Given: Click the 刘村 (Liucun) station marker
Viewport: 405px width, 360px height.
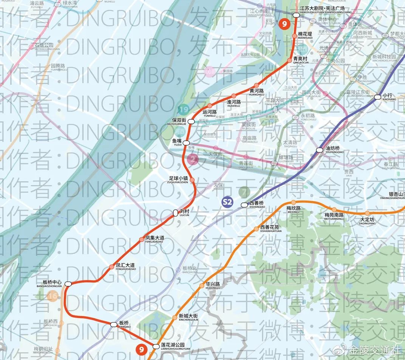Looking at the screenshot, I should click(x=175, y=213).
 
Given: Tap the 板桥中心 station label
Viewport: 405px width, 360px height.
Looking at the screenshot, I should click(x=52, y=283).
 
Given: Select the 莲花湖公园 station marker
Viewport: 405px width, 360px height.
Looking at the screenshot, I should click(x=156, y=346).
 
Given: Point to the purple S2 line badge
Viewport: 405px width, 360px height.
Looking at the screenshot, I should click(x=227, y=202).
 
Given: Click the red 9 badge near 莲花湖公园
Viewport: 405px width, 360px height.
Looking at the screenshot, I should click(x=142, y=350).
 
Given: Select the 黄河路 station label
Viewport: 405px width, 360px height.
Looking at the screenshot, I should click(x=256, y=92).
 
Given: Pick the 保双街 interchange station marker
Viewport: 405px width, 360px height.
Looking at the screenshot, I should click(x=192, y=121).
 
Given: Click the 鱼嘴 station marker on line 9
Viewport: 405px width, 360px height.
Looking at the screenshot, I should click(x=186, y=142).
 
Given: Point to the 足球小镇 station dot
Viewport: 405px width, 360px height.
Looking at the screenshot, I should click(x=192, y=180).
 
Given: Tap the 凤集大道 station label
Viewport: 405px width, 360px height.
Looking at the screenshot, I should click(x=155, y=239).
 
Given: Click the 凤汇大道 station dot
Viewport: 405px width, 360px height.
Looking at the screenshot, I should click(x=111, y=267).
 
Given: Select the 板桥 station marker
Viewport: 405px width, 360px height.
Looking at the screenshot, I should click(x=114, y=324).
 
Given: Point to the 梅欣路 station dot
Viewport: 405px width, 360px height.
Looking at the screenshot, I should click(x=294, y=202).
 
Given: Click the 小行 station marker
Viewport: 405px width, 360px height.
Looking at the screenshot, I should click(x=377, y=97).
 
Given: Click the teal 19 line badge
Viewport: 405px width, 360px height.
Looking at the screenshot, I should click(x=184, y=110).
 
